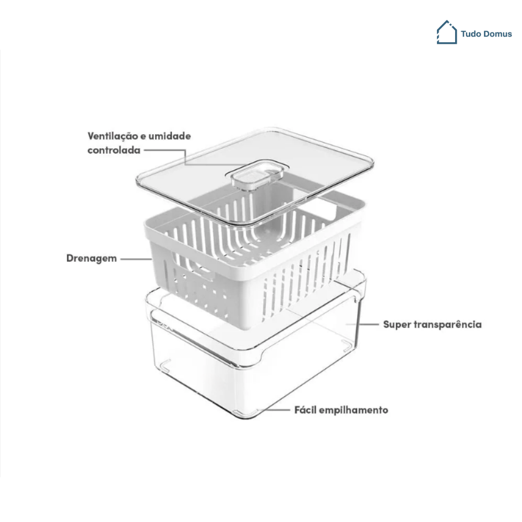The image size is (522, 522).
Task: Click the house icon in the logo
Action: click(x=447, y=32)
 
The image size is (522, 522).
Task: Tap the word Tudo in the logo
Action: click(x=471, y=34)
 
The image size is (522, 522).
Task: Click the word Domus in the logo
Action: click(x=497, y=34)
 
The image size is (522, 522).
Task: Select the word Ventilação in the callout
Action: click(x=113, y=136)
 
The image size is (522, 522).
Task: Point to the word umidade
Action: click(x=170, y=136)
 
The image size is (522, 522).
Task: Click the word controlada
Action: click(x=114, y=150)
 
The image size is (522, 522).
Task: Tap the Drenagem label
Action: click(x=91, y=259)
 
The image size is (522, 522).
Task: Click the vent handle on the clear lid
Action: click(x=255, y=176)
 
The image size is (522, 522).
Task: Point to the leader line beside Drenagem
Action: click(x=136, y=259)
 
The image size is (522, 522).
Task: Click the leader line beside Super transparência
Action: click(x=362, y=324)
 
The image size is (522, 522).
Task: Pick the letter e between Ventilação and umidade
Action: click(x=143, y=137)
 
